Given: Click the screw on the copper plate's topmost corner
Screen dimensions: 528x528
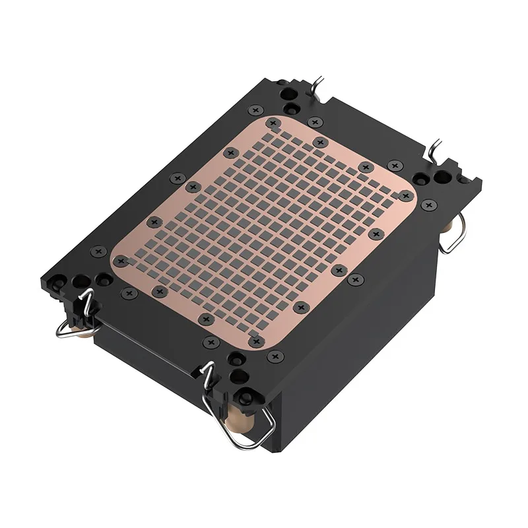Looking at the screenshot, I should tap(272, 123).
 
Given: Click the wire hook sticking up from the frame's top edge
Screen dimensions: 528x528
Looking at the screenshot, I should tap(319, 84).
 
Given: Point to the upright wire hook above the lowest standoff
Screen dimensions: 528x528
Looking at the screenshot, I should tap(209, 376).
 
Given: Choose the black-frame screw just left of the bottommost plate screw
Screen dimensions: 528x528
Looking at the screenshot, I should tap(211, 342).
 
